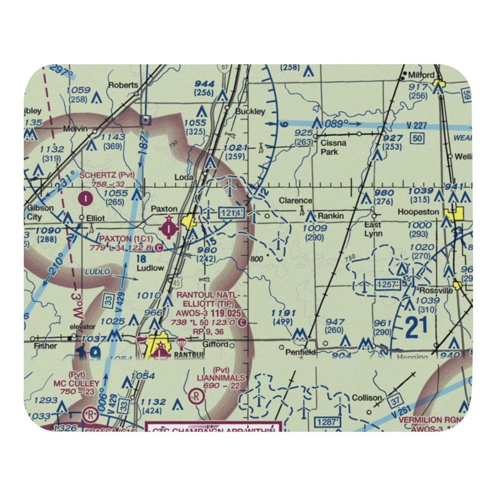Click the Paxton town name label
point(163,209)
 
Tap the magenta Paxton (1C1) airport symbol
point(169,229)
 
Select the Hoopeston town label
point(418,212)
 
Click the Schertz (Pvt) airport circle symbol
point(87,199)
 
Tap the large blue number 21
point(417,328)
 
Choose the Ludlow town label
point(150,268)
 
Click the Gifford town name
point(215,344)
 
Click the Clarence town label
point(296,201)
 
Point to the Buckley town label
point(250,112)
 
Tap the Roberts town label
point(123,85)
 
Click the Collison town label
point(367,398)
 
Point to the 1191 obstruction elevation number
point(284,313)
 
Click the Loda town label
point(184,177)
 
